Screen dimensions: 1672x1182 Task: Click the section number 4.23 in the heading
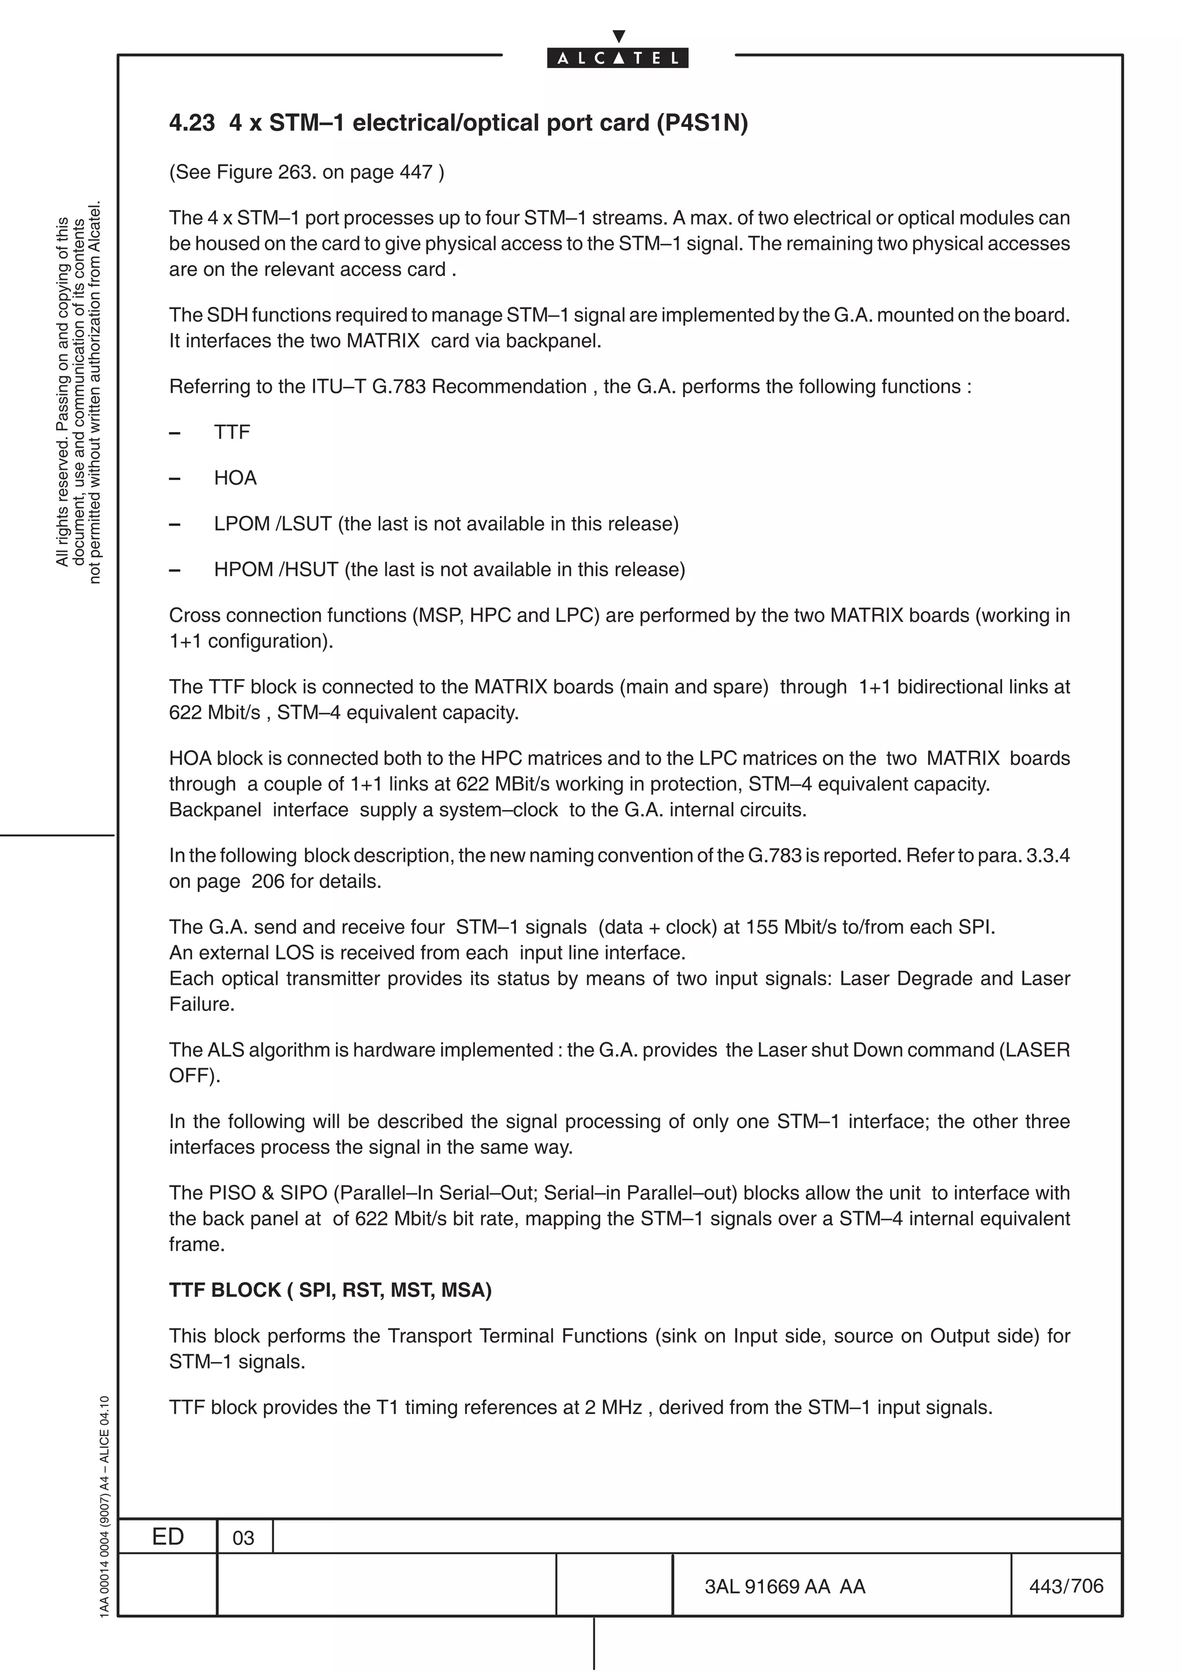(x=192, y=122)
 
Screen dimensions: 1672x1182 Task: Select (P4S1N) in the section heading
(x=702, y=122)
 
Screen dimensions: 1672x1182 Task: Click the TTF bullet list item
(x=231, y=433)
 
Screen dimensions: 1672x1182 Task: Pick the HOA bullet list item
(x=235, y=478)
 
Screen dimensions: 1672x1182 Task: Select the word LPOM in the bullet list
(x=242, y=524)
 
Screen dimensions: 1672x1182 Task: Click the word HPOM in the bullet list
(x=243, y=569)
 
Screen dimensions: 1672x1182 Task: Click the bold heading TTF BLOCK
(x=225, y=1289)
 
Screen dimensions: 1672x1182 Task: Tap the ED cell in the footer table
(x=167, y=1536)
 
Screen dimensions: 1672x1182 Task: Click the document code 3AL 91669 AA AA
(x=784, y=1587)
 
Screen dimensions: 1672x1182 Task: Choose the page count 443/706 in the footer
(x=1066, y=1586)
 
